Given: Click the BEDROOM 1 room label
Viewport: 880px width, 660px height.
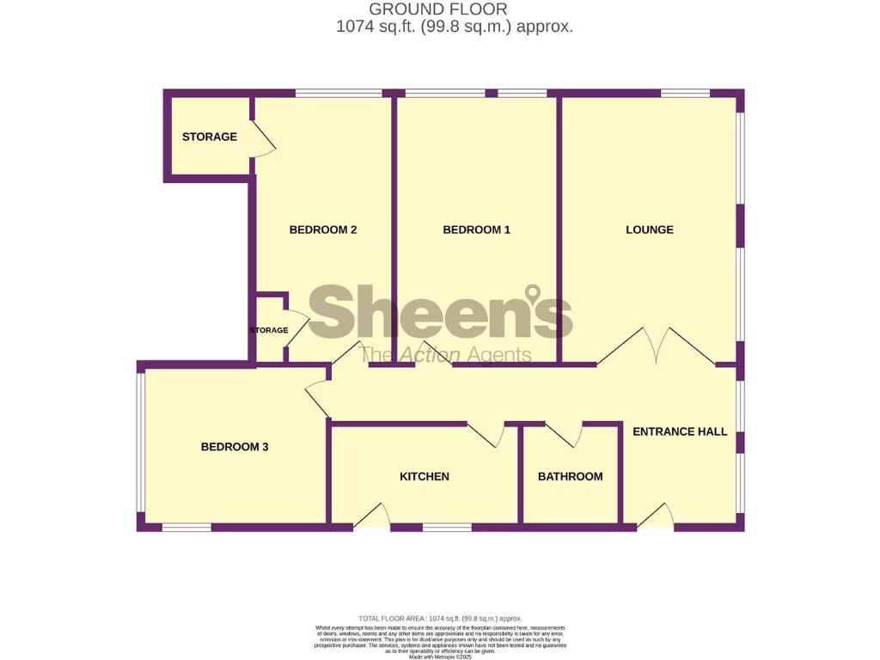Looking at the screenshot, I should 476,229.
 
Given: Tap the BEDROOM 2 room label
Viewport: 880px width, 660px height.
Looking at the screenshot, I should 322,229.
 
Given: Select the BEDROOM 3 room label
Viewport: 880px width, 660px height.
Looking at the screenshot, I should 235,447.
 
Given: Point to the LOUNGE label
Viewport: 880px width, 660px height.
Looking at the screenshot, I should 649,229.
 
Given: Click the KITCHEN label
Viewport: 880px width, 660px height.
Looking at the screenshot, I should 425,476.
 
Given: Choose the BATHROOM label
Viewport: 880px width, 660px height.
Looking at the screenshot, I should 570,476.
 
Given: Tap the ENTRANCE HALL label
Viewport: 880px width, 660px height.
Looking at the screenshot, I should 680,431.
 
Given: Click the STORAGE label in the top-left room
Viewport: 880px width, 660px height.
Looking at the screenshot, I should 209,137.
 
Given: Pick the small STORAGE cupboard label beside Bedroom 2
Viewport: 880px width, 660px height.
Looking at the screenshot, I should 268,330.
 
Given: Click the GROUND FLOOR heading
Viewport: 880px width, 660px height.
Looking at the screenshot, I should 438,9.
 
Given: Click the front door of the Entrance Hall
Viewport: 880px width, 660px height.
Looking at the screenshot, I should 656,515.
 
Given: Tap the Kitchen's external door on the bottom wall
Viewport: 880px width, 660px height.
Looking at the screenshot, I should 372,516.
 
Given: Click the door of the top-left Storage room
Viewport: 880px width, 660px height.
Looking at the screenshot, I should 262,137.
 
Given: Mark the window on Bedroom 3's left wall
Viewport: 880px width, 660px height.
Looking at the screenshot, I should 140,442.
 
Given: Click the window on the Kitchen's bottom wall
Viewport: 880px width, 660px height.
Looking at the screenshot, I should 446,527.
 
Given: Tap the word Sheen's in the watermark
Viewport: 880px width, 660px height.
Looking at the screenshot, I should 439,315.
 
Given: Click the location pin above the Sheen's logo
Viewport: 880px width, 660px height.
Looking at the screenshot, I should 534,295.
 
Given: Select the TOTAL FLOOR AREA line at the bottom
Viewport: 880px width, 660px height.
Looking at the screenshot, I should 439,619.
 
